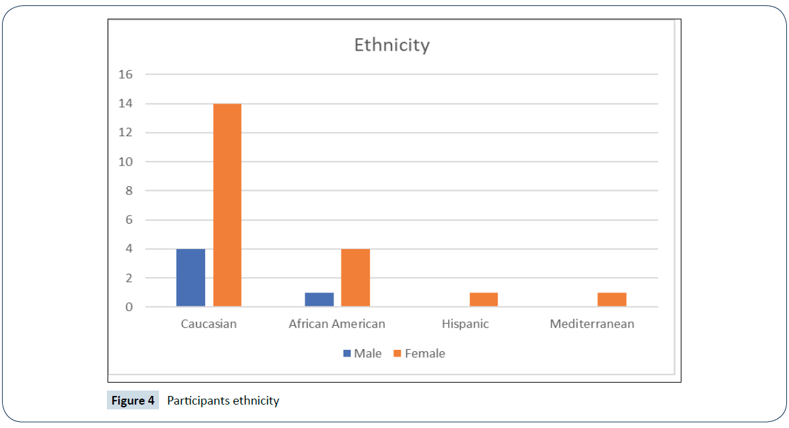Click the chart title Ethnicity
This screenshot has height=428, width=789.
click(x=391, y=45)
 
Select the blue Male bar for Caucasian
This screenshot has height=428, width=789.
click(x=190, y=278)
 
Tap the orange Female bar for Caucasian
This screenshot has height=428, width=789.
click(x=227, y=206)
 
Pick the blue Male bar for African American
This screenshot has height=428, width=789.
click(x=319, y=299)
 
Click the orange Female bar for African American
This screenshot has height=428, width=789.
click(x=355, y=278)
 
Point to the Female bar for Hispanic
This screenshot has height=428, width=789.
click(x=484, y=299)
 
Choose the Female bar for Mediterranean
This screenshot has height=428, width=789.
click(x=612, y=299)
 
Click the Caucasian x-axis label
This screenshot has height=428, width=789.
click(x=209, y=324)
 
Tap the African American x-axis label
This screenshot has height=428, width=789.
click(x=337, y=324)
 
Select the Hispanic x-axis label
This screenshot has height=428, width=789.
click(x=465, y=324)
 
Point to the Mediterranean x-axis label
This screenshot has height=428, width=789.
click(x=592, y=324)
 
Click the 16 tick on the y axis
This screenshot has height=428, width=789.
click(x=126, y=74)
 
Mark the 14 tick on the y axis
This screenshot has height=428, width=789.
click(x=126, y=103)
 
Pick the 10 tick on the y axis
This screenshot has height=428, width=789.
click(x=126, y=162)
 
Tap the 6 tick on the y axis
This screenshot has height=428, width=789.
click(x=128, y=220)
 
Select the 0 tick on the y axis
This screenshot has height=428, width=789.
click(x=128, y=307)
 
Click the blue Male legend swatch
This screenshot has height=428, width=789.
click(x=347, y=353)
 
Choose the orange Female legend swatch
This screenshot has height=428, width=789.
click(x=398, y=353)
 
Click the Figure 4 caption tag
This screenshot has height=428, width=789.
click(x=133, y=401)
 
